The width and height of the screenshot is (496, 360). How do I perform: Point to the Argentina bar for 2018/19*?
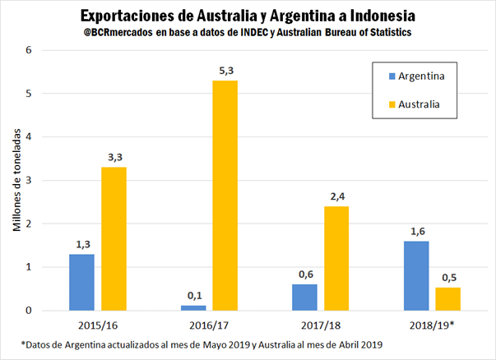(415, 275)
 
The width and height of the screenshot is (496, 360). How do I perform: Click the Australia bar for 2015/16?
(114, 238)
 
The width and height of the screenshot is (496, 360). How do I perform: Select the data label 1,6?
(415, 231)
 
